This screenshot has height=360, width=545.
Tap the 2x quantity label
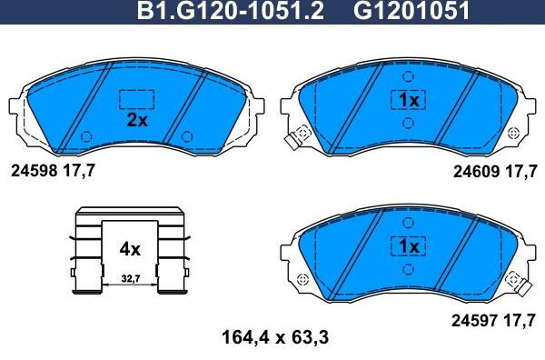pyautogui.click(x=136, y=119)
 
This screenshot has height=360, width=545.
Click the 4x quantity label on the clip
pyautogui.click(x=130, y=248)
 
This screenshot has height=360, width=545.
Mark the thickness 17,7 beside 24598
pyautogui.click(x=79, y=170)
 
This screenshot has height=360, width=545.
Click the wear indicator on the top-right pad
pyautogui.click(x=293, y=142)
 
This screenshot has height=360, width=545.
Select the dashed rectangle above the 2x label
pyautogui.click(x=136, y=98)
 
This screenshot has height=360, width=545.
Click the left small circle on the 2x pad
pyautogui.click(x=87, y=136)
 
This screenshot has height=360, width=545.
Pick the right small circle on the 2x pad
pyautogui.click(x=186, y=136)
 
